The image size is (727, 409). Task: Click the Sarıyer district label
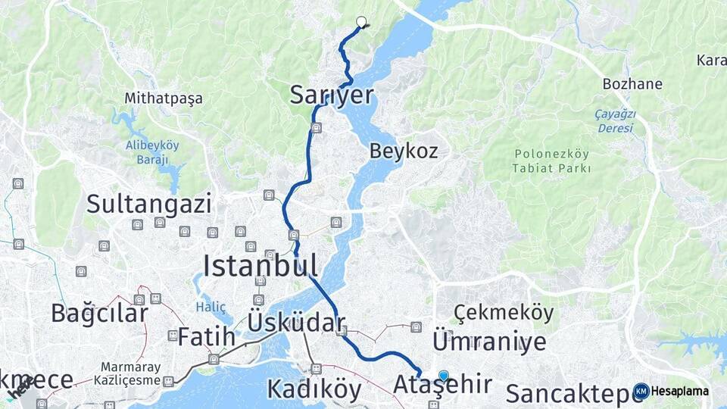pyautogui.click(x=332, y=95)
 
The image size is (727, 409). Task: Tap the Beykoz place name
pyautogui.click(x=404, y=151)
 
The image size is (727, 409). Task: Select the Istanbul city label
pyautogui.click(x=260, y=265)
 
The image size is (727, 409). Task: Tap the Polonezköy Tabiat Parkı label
pyautogui.click(x=551, y=160)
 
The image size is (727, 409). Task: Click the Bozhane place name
pyautogui.click(x=632, y=84)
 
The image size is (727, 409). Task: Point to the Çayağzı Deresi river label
pyautogui.click(x=615, y=121)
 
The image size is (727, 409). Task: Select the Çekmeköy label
pyautogui.click(x=504, y=312)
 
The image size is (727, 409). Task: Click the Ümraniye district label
pyautogui.click(x=488, y=341)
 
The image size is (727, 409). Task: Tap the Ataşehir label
pyautogui.click(x=443, y=385)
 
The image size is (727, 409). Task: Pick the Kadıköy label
pyautogui.click(x=314, y=389)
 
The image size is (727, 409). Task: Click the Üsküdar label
pyautogui.click(x=296, y=323)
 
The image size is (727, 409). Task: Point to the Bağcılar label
pyautogui.click(x=99, y=312)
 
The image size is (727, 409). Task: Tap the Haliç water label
pyautogui.click(x=211, y=307)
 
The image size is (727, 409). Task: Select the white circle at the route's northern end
pyautogui.click(x=361, y=22)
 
